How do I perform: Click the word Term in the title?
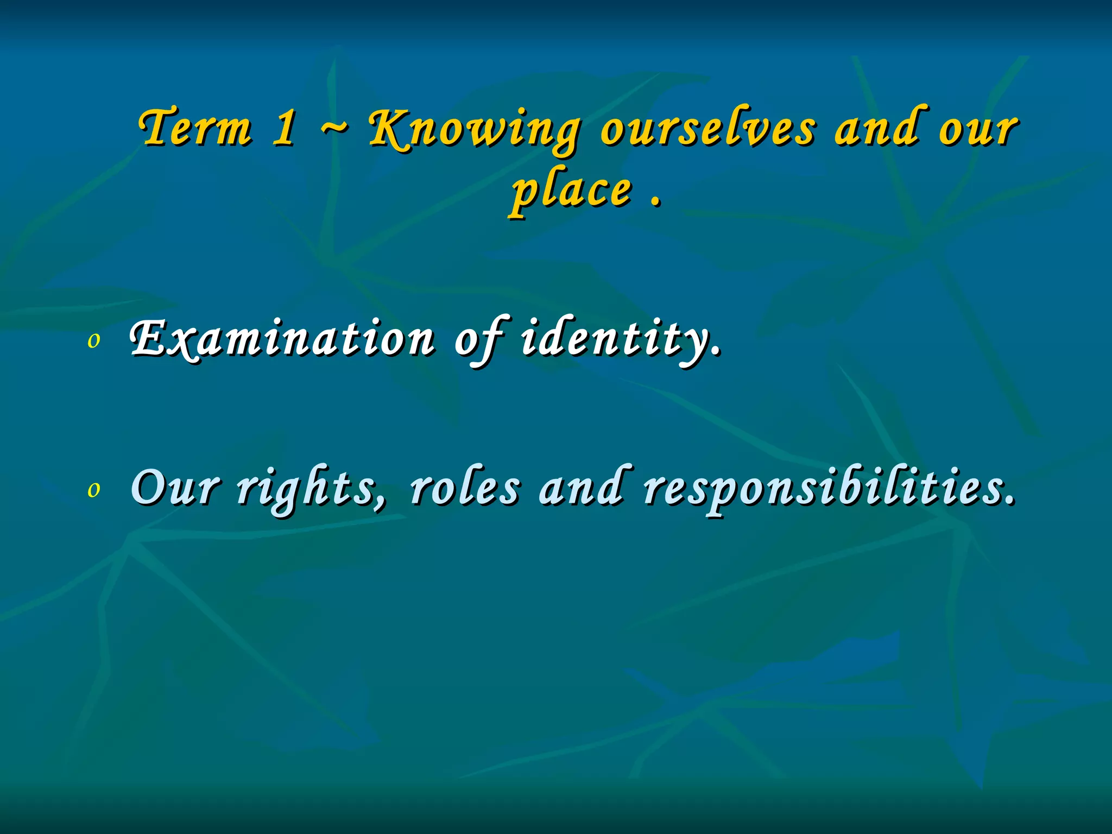click(x=195, y=128)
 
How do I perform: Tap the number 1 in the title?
click(x=285, y=128)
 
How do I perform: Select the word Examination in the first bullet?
click(x=282, y=339)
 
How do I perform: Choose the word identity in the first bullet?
click(x=619, y=339)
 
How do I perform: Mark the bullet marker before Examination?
click(x=94, y=341)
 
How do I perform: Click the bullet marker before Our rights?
click(x=94, y=490)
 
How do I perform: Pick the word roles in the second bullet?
click(x=464, y=488)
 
